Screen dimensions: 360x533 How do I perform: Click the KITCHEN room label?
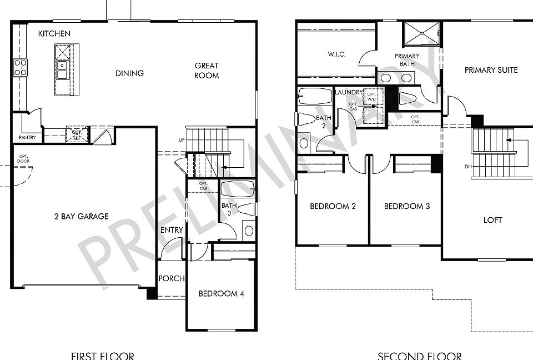(54, 34)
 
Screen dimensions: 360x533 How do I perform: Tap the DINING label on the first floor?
(129, 73)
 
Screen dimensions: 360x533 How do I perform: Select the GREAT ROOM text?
(207, 71)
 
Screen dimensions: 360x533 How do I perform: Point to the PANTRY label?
(27, 137)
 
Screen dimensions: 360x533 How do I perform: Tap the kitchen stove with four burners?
(21, 68)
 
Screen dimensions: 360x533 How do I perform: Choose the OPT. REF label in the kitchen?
(74, 134)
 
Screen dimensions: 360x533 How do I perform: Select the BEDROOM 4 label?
(221, 294)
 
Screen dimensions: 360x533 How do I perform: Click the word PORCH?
(171, 278)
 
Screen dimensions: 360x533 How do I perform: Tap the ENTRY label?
(172, 230)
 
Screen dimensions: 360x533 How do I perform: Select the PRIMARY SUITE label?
(491, 70)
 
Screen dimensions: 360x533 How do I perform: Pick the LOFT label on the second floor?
(492, 220)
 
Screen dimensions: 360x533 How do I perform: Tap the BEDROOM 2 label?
(333, 206)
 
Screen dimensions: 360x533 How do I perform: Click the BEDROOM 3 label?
(407, 206)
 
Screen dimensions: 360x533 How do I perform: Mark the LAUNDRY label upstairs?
(349, 92)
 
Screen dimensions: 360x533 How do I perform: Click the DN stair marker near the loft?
(467, 167)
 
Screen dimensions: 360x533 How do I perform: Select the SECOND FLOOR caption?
(419, 356)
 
